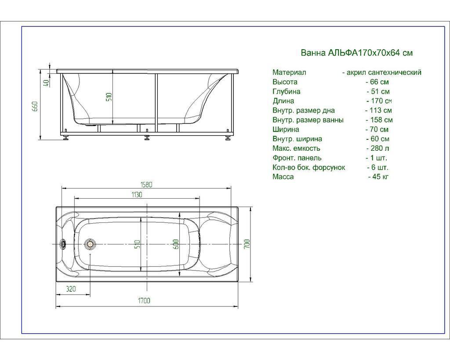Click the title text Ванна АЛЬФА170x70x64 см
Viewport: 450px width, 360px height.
[356, 53]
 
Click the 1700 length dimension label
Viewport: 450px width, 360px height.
[144, 301]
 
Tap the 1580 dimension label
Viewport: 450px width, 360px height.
[146, 185]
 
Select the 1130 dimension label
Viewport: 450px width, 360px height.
[137, 194]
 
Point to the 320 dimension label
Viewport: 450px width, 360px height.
[71, 288]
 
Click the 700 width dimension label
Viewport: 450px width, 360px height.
[247, 244]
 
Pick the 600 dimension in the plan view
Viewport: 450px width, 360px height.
[176, 244]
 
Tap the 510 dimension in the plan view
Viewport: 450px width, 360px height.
[138, 244]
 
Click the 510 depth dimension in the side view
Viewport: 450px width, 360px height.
[109, 98]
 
